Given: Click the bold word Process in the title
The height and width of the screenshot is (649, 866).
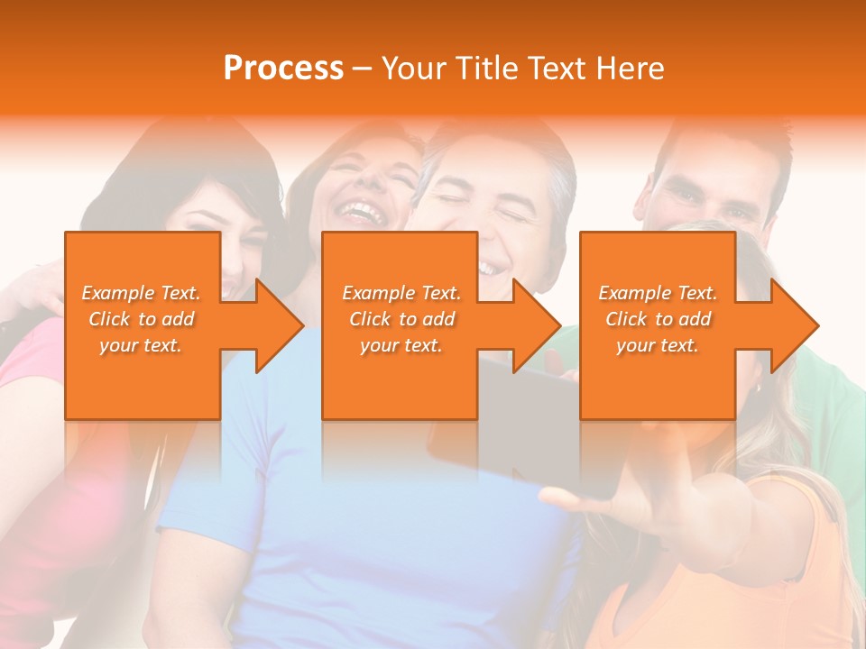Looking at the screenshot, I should (283, 69).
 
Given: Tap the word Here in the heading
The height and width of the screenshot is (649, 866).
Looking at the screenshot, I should (629, 69).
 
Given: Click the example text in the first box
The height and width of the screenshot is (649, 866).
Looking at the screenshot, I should (141, 319).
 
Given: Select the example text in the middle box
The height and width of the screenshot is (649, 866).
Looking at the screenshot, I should (401, 319).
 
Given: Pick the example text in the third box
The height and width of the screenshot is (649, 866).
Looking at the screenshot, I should (658, 319).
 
